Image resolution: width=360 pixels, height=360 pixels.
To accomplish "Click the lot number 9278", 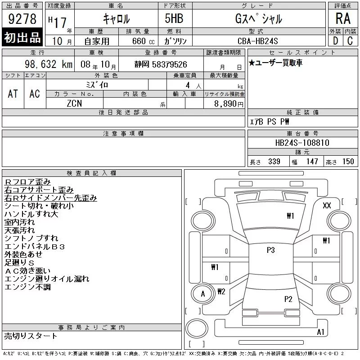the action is click(x=22, y=18).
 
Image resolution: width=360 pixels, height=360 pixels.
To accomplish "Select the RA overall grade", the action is click(x=343, y=18).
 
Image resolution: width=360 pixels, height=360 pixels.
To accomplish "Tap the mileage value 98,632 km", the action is click(x=49, y=64).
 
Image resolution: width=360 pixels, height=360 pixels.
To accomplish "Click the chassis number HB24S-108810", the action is click(x=302, y=143).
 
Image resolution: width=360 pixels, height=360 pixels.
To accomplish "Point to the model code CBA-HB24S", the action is click(x=257, y=41).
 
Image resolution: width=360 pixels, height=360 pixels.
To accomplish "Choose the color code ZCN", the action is click(x=74, y=103).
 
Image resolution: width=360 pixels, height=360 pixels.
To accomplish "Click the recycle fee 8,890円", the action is click(x=229, y=104).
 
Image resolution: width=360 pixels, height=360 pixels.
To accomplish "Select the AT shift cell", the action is click(x=13, y=94).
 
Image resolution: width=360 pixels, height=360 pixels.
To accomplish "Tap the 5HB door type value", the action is click(x=174, y=18).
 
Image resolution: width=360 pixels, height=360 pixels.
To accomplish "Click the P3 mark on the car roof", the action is click(x=271, y=250).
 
